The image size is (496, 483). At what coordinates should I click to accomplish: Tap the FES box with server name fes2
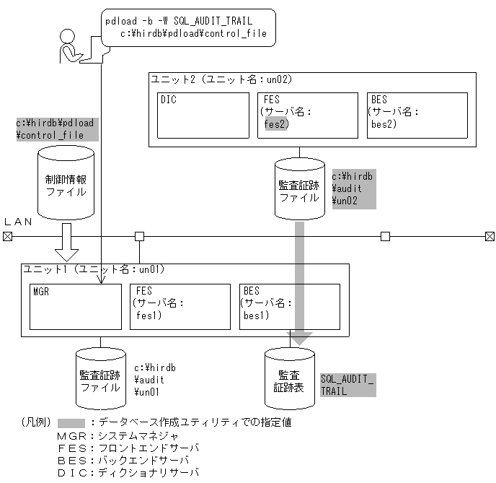point(306,116)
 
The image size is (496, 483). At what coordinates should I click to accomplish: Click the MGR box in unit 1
point(74,307)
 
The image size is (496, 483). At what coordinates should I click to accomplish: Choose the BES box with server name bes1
point(289,307)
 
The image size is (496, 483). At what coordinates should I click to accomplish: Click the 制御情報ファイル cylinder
point(66,183)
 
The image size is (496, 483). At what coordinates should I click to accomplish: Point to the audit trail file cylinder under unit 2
point(299,190)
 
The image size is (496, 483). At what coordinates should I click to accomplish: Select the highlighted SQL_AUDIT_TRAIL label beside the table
point(347,385)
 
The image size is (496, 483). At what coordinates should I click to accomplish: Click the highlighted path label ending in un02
point(353,189)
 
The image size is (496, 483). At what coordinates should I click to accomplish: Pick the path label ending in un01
point(155,380)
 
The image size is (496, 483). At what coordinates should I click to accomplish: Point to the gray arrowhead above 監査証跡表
point(299,336)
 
